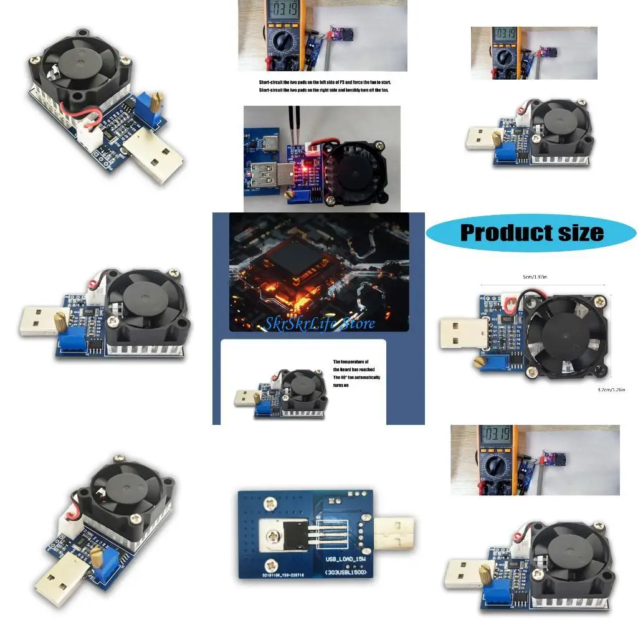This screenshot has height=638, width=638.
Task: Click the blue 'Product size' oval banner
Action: coord(531,233)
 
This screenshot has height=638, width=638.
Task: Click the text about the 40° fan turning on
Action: coord(356,373)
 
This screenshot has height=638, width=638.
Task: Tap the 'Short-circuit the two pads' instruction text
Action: coord(324,87)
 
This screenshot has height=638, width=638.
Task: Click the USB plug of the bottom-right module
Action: coord(467,572)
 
